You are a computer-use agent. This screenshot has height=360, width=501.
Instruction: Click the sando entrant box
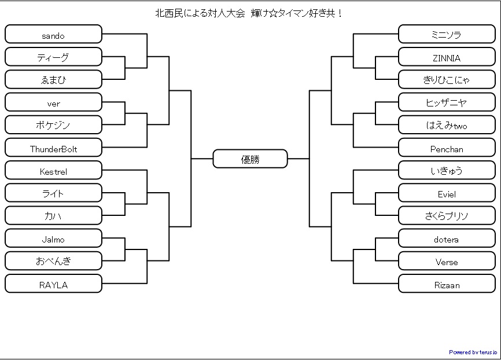point(53,34)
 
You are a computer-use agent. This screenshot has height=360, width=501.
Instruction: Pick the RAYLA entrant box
point(53,284)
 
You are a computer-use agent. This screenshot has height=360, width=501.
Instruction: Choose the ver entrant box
point(53,102)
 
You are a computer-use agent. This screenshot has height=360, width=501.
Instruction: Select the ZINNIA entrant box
point(447,57)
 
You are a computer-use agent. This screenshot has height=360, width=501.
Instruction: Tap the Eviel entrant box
point(447,193)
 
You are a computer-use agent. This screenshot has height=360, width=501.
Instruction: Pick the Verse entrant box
point(447,261)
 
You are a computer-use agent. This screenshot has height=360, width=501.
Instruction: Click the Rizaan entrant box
point(447,284)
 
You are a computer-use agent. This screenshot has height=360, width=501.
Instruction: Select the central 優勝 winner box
point(250,159)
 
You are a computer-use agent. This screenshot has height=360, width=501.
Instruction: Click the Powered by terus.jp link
point(473,352)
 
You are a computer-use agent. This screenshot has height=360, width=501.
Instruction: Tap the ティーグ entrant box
point(53,57)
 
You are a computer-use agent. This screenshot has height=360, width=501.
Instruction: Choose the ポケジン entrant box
point(53,125)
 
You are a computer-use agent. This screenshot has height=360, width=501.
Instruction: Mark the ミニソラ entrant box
point(447,34)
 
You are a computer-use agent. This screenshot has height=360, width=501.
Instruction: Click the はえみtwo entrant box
point(447,125)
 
